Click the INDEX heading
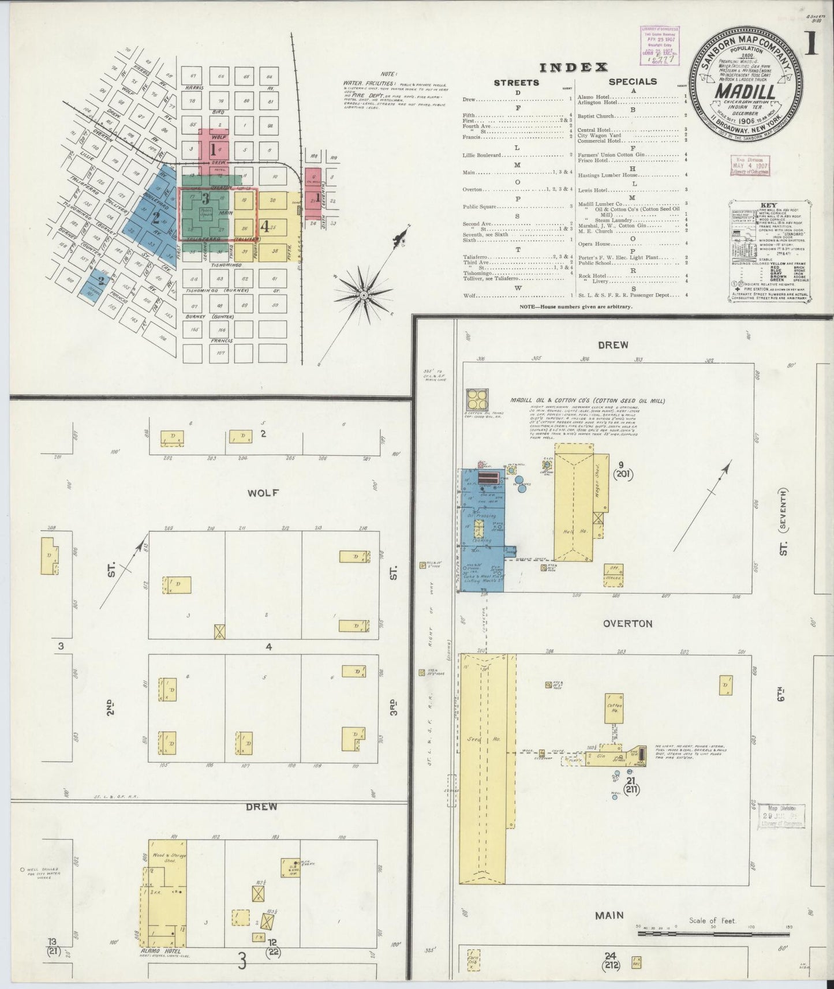point(574,67)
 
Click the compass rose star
point(364,295)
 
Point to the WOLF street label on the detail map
point(263,493)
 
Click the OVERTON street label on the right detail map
point(627,623)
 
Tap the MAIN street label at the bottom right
point(610,915)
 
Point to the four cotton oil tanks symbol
point(477,398)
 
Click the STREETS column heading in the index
point(517,83)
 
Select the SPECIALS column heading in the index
point(633,81)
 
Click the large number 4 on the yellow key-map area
point(265,226)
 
